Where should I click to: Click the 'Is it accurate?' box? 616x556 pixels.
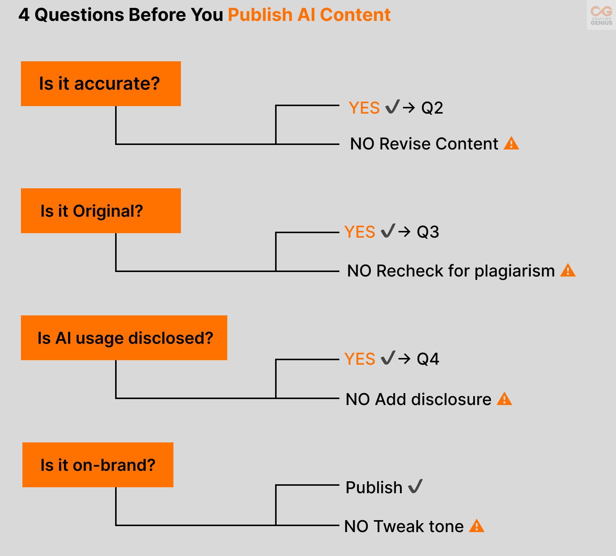tap(101, 84)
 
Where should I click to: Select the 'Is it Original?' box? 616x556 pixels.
tap(101, 211)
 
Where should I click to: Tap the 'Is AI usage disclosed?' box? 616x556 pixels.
tap(124, 338)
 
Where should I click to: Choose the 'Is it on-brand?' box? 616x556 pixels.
tap(98, 465)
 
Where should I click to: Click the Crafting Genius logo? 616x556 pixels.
tap(601, 15)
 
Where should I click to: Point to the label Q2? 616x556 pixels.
tap(432, 108)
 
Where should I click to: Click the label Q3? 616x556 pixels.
tap(428, 232)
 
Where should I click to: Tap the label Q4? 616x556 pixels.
tap(428, 359)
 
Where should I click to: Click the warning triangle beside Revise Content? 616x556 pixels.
tap(511, 143)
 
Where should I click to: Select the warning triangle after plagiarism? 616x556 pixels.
tap(568, 271)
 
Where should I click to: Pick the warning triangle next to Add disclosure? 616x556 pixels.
tap(505, 399)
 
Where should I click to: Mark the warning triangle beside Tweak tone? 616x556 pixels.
tap(477, 526)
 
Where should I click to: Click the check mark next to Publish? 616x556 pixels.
tap(415, 486)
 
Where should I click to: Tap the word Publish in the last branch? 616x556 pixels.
tap(374, 488)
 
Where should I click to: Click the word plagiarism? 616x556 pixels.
tap(515, 271)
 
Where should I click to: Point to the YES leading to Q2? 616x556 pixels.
tap(364, 108)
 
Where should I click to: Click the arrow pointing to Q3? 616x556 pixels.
tap(404, 232)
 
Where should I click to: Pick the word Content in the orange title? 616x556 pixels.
tap(355, 15)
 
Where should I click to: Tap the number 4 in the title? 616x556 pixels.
tap(24, 15)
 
